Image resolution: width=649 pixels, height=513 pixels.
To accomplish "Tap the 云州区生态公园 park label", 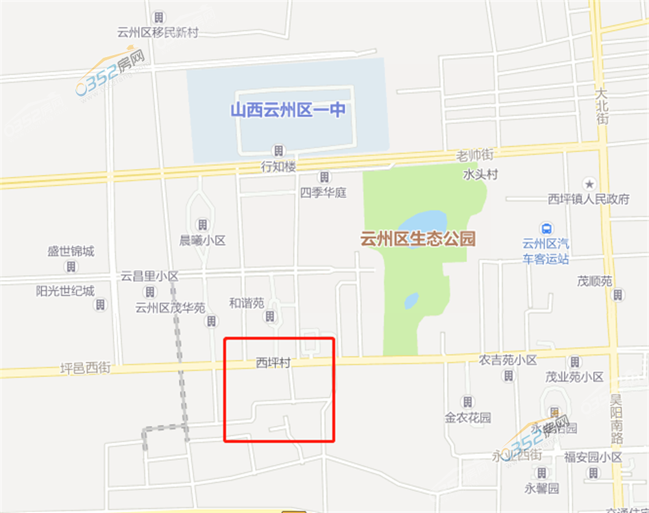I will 418,239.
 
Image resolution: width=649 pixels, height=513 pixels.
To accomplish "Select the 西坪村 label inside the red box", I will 272,364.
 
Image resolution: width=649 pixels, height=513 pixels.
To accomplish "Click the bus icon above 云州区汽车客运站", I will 546,228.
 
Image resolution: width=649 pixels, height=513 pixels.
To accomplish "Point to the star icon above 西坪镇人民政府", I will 589,184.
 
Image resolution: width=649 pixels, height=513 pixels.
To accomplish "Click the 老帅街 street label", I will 475,156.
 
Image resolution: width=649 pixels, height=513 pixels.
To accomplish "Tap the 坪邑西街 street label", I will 86,368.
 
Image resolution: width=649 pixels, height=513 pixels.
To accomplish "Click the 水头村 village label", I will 480,174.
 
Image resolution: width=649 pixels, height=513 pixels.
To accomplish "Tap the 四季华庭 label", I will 323,193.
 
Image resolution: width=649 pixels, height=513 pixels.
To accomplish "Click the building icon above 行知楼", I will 278,151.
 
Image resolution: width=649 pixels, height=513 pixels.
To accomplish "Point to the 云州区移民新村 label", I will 158,32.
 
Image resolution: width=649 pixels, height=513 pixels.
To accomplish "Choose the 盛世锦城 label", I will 71,251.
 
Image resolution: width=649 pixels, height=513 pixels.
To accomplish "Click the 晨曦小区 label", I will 202,241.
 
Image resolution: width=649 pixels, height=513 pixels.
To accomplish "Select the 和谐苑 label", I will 247,302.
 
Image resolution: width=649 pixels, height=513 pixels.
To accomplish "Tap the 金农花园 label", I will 467,418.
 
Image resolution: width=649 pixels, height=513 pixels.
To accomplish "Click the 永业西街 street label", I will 517,455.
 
